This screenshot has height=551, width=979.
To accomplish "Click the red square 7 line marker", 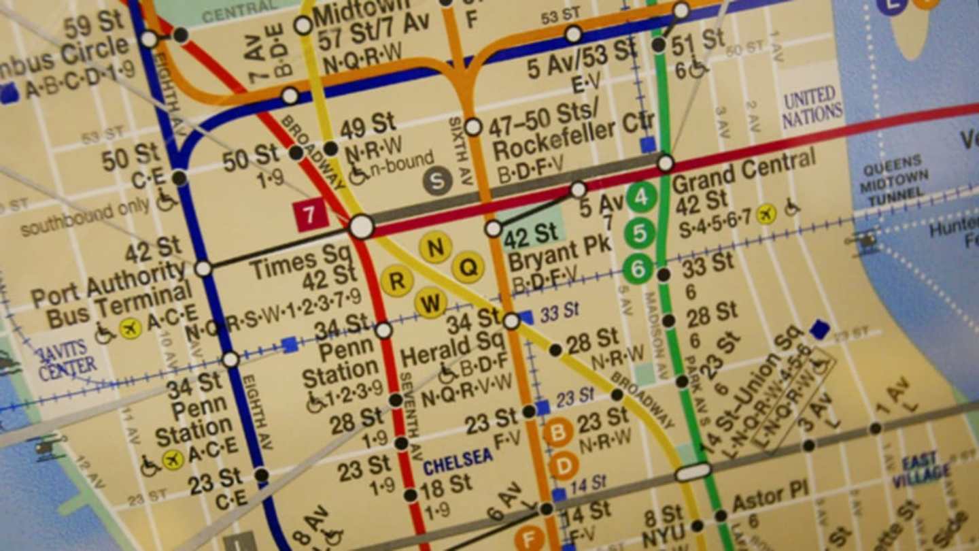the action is point(311,216).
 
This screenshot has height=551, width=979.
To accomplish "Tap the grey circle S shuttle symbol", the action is point(438,181).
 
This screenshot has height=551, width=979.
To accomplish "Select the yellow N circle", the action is point(435,247).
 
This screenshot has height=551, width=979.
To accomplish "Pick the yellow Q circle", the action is point(468,267).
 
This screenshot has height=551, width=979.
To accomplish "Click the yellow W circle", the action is point(430,302).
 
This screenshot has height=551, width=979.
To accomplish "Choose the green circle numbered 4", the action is point(641,198).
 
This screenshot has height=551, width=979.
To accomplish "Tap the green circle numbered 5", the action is point(640,233).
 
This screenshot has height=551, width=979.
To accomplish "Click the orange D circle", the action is point(564,466).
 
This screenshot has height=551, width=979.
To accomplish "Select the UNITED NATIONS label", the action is point(812,106).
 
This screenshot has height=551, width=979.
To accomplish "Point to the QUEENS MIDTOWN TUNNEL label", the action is point(893,180).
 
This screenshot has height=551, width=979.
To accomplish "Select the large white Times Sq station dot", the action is point(362,227).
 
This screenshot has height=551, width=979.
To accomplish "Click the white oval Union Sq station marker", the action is point(693,471).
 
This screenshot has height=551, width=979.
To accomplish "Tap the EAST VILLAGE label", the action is point(921,470).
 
